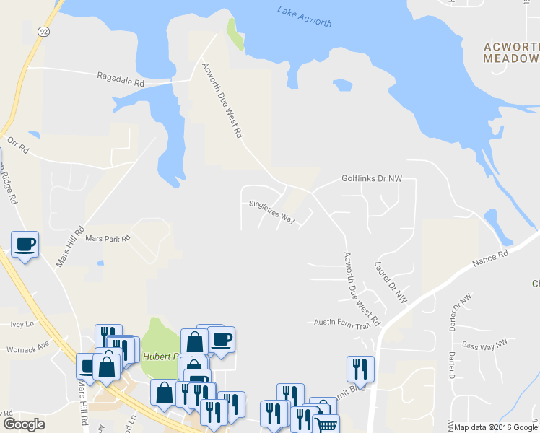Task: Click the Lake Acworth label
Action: tap(304, 17)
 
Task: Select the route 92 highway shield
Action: tap(44, 31)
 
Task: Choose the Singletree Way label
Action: tap(271, 210)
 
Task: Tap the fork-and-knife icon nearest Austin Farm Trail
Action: tap(360, 369)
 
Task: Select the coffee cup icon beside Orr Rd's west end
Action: tap(25, 244)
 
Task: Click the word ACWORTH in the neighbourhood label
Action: tap(511, 46)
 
